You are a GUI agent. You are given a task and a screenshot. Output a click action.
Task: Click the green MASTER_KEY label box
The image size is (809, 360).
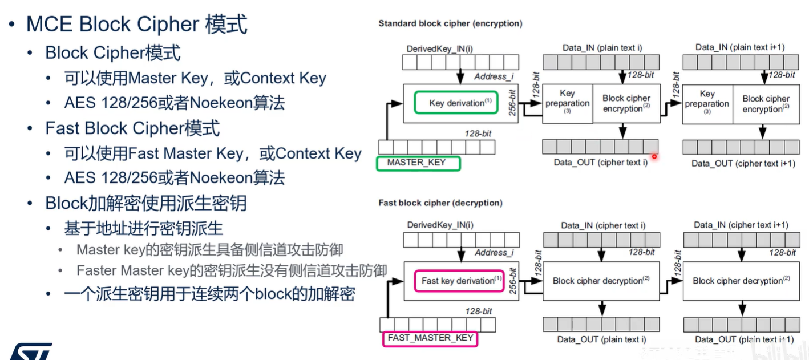coord(418,163)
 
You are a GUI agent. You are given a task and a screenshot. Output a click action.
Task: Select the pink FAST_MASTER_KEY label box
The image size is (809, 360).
coord(430,338)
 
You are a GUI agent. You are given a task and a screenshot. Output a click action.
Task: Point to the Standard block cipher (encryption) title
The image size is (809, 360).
coord(450,24)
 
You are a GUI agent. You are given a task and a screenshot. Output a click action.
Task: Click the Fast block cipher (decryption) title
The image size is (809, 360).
coord(440,203)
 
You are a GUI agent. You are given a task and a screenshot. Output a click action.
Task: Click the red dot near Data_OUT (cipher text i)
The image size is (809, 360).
coord(654,156)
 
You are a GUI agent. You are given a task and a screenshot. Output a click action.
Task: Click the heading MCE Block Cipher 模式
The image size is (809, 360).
coord(137,25)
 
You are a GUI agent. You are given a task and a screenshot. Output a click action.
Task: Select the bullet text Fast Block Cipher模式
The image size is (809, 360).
coord(132,128)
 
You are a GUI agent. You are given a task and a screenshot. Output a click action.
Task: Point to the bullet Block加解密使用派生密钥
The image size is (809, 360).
coord(146,203)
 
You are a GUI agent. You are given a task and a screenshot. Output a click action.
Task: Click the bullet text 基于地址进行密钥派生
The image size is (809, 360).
coord(143,229)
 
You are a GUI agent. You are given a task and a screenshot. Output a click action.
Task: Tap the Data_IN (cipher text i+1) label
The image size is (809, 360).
coord(741,225)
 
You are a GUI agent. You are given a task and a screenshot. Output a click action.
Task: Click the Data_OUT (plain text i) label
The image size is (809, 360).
coord(601,340)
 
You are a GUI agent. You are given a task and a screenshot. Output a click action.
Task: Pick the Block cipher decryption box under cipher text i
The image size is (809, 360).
coord(602,281)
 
